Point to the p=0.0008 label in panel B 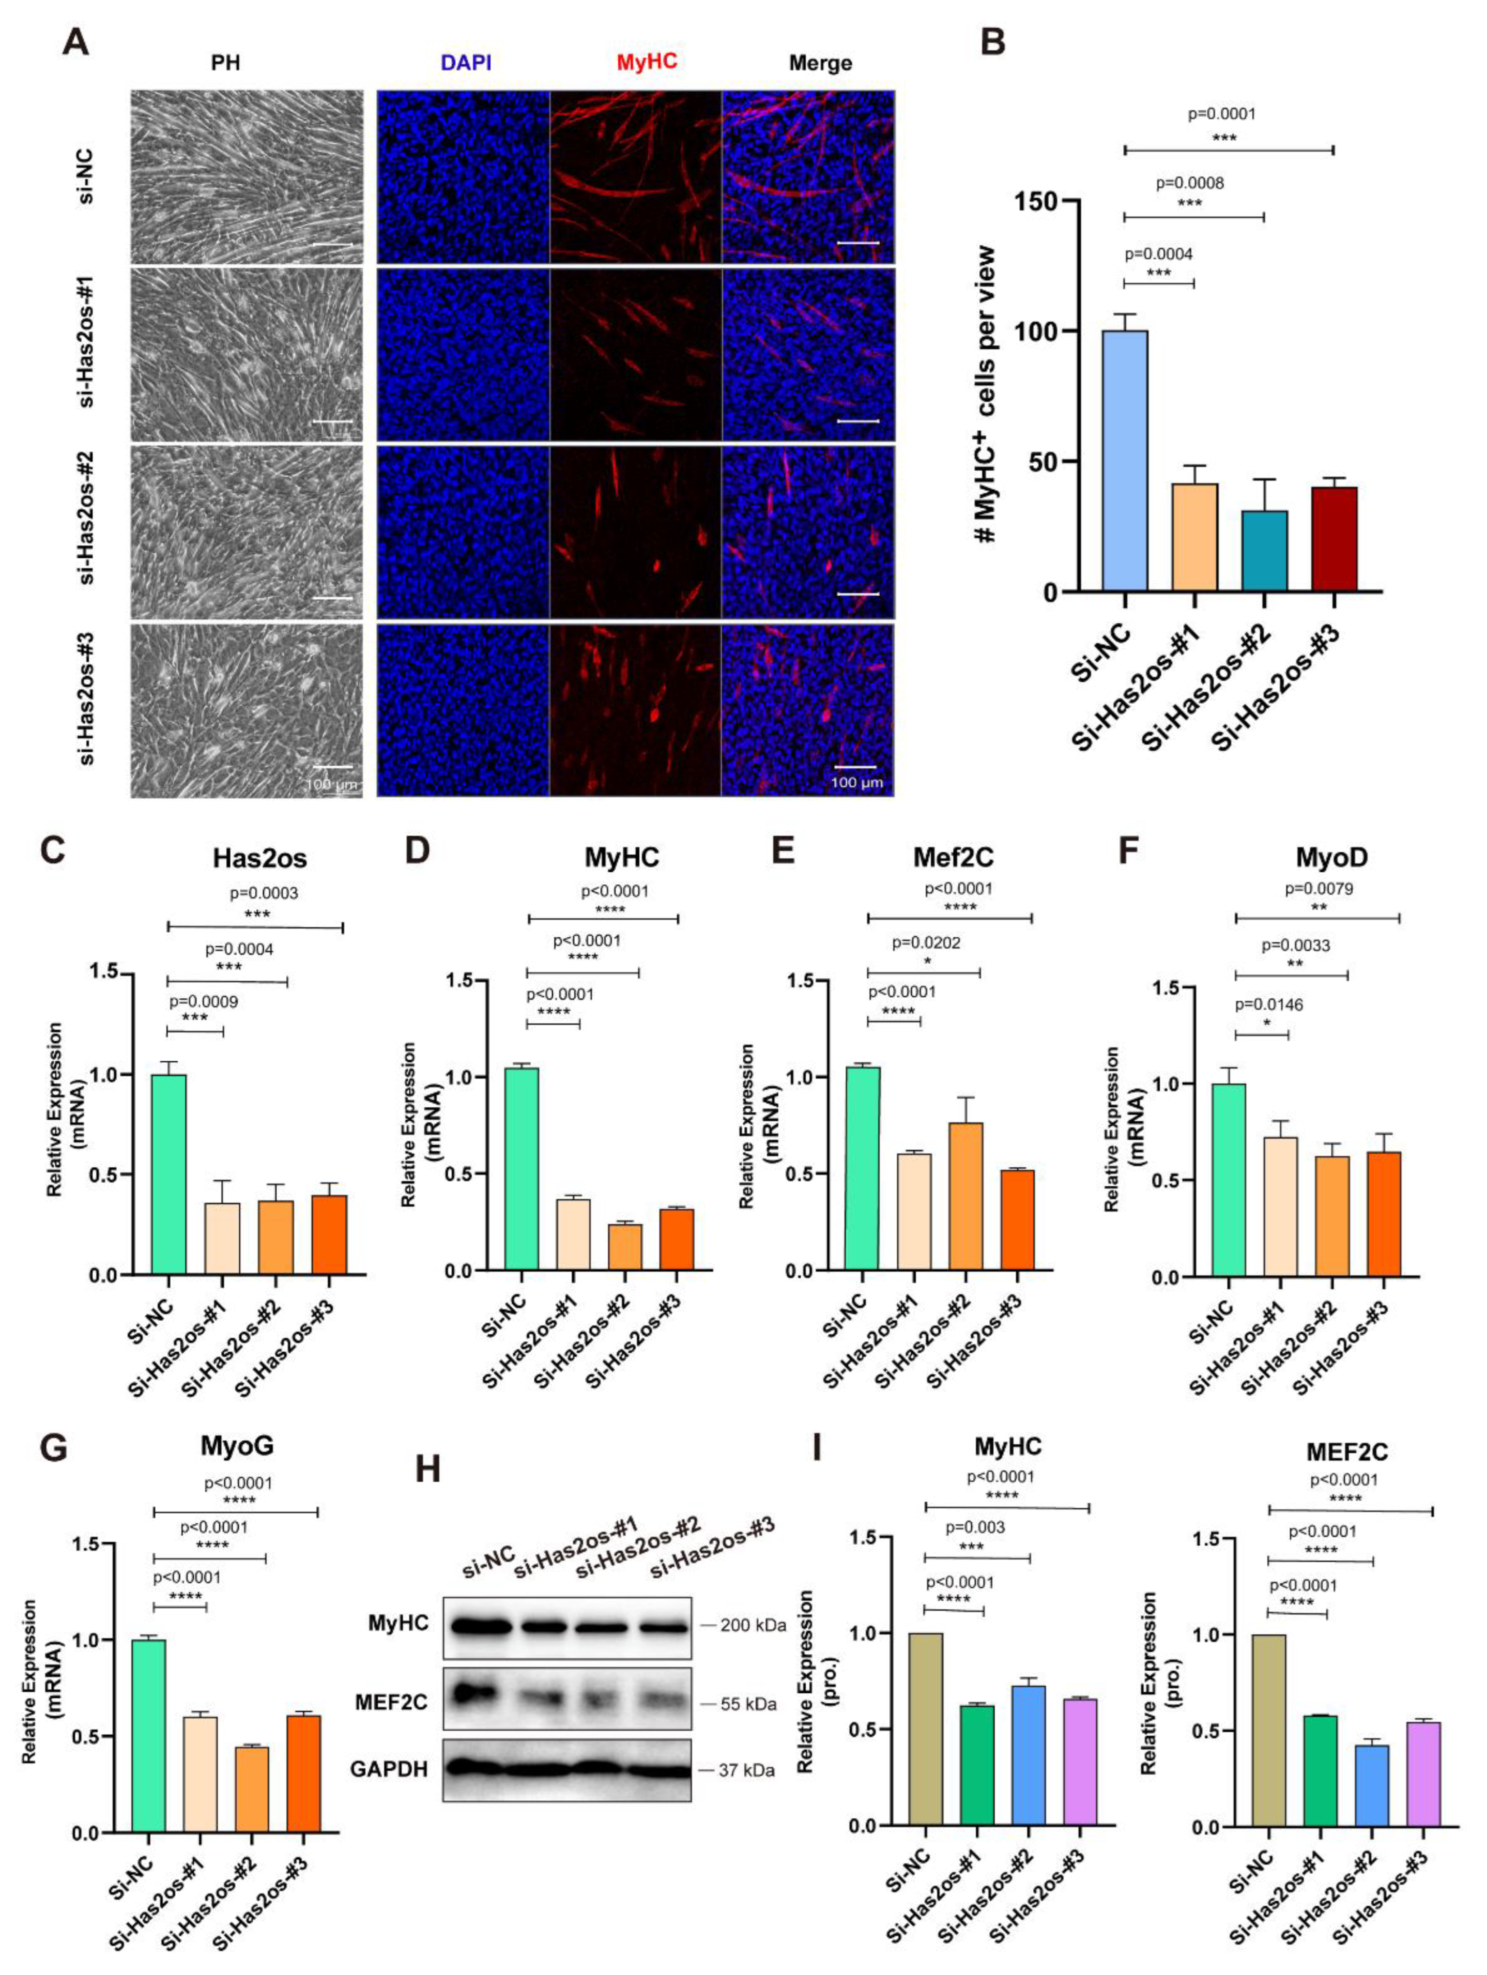pyautogui.click(x=1189, y=183)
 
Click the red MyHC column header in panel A pyautogui.click(x=646, y=61)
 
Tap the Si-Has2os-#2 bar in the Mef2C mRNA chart pyautogui.click(x=966, y=1196)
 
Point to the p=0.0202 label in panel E pyautogui.click(x=926, y=942)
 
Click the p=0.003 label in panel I pyautogui.click(x=974, y=1528)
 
